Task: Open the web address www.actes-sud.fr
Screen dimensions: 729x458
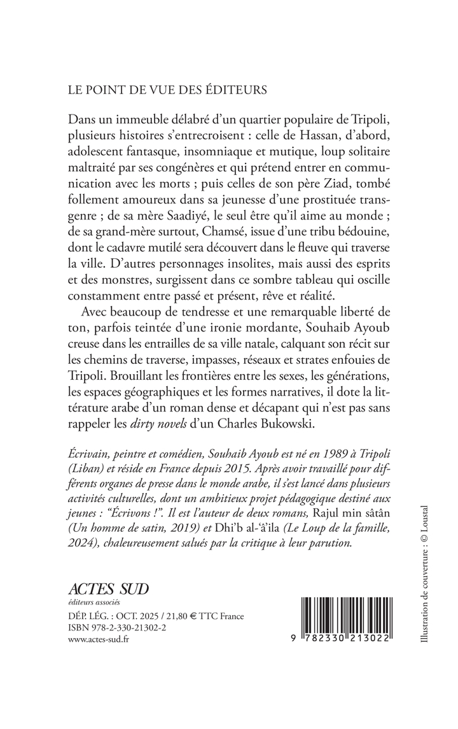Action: (97, 640)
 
